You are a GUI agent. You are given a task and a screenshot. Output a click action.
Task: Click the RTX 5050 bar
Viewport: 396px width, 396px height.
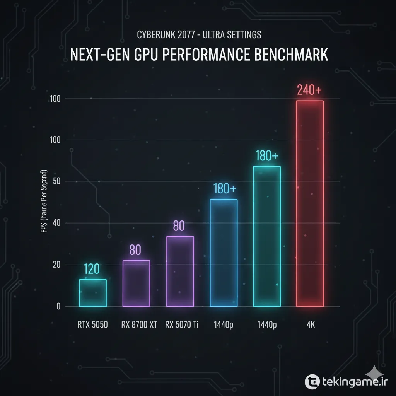point(93,293)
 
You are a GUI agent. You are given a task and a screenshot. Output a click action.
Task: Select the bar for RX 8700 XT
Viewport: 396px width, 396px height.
point(136,283)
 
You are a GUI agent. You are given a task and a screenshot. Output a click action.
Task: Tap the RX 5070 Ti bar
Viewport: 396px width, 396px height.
point(180,271)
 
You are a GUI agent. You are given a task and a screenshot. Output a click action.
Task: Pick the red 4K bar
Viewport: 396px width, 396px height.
point(310,204)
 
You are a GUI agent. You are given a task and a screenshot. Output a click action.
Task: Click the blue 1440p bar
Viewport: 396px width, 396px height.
point(223,253)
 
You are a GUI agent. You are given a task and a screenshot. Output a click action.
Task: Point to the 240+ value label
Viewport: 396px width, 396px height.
point(309,90)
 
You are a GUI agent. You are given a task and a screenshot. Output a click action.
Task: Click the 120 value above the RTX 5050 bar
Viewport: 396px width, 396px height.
point(92,268)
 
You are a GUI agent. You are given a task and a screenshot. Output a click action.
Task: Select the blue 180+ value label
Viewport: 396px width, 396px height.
point(224,189)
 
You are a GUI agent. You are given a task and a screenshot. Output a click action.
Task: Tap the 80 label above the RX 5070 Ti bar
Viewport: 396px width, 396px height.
point(179,226)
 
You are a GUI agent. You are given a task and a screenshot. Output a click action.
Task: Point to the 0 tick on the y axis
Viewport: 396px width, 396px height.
point(58,307)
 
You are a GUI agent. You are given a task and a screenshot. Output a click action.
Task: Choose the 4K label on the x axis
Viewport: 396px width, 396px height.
point(310,325)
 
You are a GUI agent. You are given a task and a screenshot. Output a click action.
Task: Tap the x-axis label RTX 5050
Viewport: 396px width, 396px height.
point(92,325)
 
